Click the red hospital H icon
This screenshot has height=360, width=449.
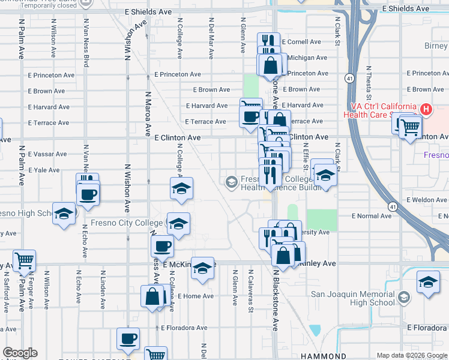point(426,109)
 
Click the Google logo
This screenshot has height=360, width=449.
point(19,353)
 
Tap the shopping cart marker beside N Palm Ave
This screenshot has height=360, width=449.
point(24,261)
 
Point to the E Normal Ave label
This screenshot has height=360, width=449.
point(372,215)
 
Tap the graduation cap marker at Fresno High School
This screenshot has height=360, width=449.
point(64,214)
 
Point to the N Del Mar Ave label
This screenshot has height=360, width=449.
point(211,41)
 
